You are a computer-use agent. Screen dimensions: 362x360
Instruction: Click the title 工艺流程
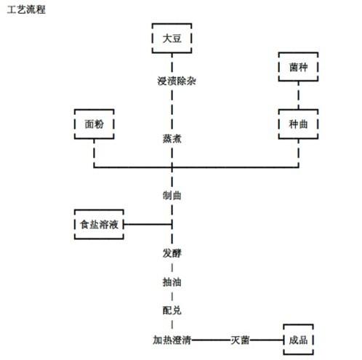point(26,9)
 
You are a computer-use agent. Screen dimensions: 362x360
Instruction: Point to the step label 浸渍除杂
point(177,81)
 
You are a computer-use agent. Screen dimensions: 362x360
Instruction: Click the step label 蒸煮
point(172,138)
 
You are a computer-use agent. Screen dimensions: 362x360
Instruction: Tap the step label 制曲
point(172,196)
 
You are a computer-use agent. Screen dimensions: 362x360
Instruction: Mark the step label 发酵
point(172,253)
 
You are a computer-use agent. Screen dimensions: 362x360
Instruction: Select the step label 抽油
point(172,282)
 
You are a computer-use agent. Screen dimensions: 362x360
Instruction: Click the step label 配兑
point(172,311)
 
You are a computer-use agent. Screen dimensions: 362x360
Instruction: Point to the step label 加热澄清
point(172,340)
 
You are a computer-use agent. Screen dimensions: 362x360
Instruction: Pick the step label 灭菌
point(240,340)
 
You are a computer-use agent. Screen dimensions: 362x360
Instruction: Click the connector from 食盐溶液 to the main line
point(148,224)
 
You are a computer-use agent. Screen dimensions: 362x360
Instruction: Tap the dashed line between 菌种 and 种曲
point(298,95)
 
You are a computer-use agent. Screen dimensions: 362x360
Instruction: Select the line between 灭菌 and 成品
point(267,340)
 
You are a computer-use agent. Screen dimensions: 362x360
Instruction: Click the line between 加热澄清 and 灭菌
point(211,340)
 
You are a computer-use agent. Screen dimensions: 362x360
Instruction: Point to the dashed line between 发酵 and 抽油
point(172,268)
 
